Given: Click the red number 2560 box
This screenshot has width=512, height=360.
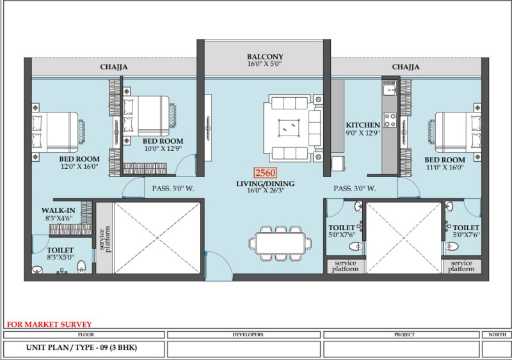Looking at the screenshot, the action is [x=266, y=173].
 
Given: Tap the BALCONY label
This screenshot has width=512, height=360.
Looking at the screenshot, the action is [x=265, y=57].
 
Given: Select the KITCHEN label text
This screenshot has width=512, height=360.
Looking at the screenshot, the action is [x=363, y=125].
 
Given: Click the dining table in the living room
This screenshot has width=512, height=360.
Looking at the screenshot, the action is [x=280, y=244].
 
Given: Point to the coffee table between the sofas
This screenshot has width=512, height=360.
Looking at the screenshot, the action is [x=289, y=128].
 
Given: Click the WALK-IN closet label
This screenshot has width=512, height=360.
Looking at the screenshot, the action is [x=58, y=210].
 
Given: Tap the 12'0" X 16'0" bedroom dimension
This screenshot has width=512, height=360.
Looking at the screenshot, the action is [x=79, y=166].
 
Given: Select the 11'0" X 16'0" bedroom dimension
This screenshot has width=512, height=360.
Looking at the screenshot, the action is [x=445, y=168].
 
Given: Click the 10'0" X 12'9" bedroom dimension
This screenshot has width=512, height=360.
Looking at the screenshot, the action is [x=163, y=148].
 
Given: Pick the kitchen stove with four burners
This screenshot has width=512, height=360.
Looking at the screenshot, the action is [x=390, y=120].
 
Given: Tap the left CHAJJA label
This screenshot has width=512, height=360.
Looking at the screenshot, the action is [x=114, y=67].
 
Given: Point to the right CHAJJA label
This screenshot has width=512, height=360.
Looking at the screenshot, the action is [x=406, y=67].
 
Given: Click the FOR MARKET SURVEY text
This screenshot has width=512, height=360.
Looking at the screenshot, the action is [x=49, y=324].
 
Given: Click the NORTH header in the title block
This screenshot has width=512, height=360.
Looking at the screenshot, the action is [x=497, y=334].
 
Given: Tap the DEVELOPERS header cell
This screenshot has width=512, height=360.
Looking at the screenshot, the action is [x=248, y=334].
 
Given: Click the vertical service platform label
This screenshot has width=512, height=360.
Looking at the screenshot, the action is [x=105, y=239].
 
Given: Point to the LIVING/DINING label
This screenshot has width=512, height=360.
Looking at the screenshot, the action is [x=266, y=184].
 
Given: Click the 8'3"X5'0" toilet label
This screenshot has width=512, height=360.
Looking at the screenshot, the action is [x=60, y=258].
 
